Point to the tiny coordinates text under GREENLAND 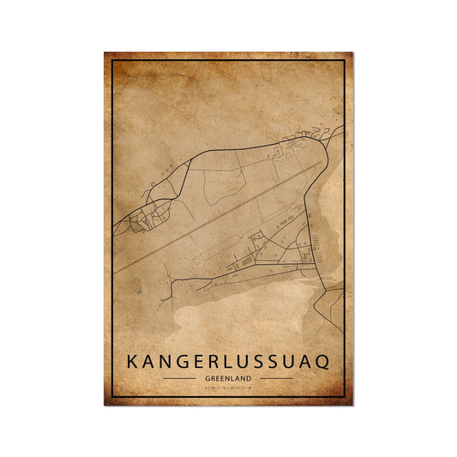(x=228, y=388)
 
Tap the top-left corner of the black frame (x=113, y=62)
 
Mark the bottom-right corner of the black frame (x=345, y=397)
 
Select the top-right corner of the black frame (x=345, y=62)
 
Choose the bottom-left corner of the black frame (x=113, y=397)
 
